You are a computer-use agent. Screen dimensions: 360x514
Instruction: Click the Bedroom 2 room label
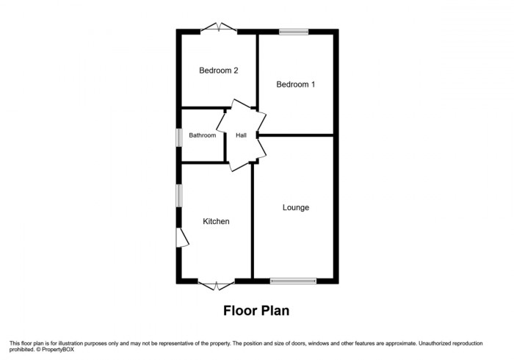point(219,71)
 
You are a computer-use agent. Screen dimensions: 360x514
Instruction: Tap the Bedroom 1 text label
point(295,84)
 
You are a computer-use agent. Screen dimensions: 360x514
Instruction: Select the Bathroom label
point(203,136)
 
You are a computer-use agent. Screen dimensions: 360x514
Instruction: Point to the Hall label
point(241,136)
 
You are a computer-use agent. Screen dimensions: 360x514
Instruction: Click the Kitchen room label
point(217,221)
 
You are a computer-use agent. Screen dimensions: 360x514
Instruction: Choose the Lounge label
point(296,208)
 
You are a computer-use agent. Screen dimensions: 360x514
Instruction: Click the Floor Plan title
point(256,311)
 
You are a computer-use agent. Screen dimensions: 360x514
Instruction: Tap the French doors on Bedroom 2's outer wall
point(218,29)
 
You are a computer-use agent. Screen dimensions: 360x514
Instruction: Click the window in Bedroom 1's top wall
point(294,31)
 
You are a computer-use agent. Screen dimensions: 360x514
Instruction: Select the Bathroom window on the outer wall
point(178,137)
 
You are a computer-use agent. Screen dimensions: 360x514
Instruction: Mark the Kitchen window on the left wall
point(178,198)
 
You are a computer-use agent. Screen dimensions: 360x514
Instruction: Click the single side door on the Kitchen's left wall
point(182,237)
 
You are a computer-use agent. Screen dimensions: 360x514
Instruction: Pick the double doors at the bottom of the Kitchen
point(217,283)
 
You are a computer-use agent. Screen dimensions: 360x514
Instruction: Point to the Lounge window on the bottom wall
point(293,280)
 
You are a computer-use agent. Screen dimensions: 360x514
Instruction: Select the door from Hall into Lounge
point(260,148)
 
